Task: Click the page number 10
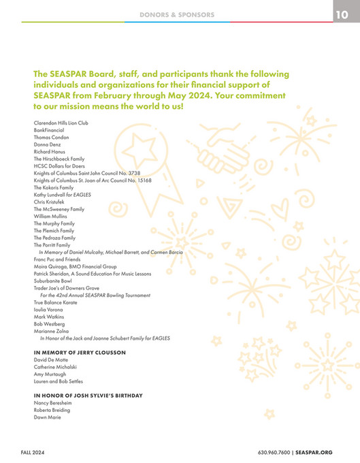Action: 342,14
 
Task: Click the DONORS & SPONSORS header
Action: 177,14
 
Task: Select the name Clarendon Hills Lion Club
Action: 61,123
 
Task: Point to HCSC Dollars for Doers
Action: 59,165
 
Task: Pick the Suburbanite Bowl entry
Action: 52,280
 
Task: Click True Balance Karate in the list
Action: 54,302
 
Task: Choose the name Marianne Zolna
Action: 50,330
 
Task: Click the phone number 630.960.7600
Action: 273,452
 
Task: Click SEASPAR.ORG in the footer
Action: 314,452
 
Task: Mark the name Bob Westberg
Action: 49,323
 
